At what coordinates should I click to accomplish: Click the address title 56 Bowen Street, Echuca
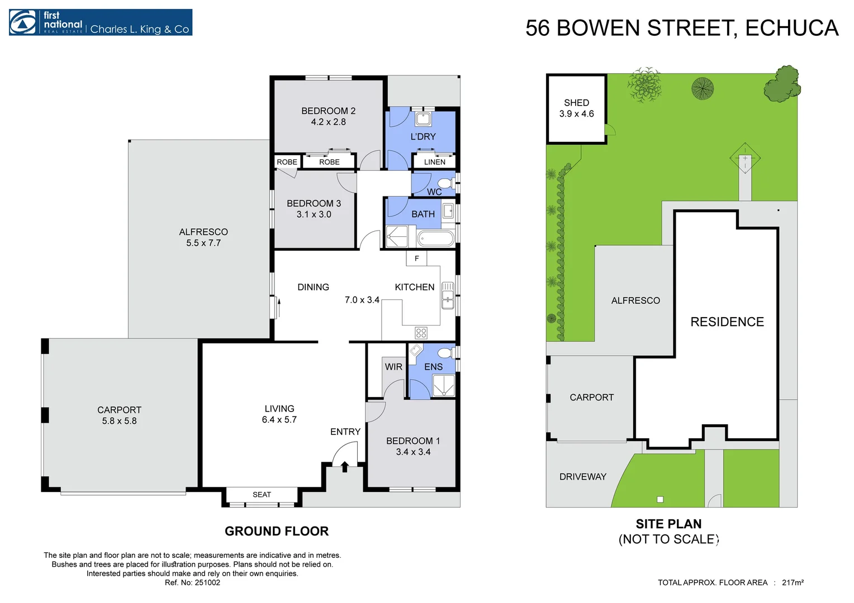coord(681,28)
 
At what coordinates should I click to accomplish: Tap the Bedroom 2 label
coord(328,111)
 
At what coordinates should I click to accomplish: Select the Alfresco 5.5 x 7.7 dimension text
coord(203,243)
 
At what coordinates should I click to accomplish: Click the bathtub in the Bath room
coord(437,239)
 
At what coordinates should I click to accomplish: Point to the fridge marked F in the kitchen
coord(416,259)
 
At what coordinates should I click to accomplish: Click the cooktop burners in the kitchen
coord(421,333)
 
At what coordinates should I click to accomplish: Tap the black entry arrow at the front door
coord(345,467)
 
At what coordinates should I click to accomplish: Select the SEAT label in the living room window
coord(262,495)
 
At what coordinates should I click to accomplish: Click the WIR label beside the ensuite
coord(393,367)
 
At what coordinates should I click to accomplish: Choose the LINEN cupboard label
coord(434,162)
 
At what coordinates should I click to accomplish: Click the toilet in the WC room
coord(445,184)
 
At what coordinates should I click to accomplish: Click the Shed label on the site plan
coord(576,103)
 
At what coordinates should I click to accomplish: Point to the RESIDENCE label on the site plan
coord(727,322)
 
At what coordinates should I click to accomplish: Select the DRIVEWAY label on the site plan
coord(582,477)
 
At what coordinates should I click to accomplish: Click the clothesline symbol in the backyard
coord(744,158)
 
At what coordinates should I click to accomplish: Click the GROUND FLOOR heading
coord(277,532)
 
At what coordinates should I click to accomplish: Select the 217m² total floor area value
coord(793,583)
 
